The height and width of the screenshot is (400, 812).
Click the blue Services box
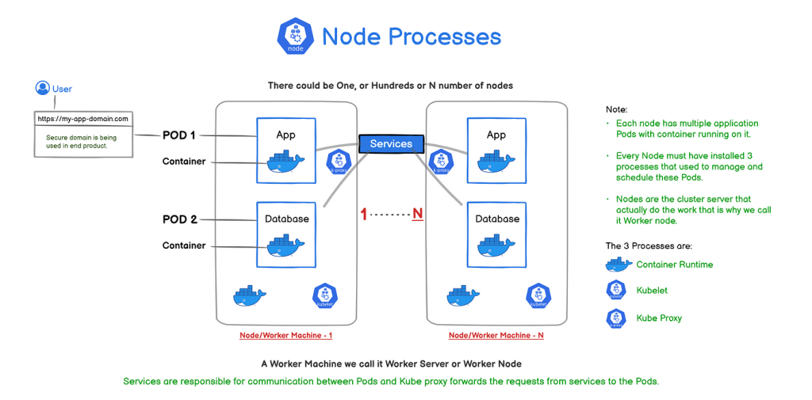pyautogui.click(x=391, y=143)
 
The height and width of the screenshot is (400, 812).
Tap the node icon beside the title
pyautogui.click(x=296, y=36)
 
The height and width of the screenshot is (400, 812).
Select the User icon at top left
pyautogui.click(x=43, y=88)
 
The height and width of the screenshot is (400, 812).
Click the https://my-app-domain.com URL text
pyautogui.click(x=82, y=119)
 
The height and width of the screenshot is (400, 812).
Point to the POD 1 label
pyautogui.click(x=178, y=135)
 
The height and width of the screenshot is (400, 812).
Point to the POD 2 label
pyautogui.click(x=178, y=219)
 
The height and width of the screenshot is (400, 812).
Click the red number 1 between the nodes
pyautogui.click(x=364, y=214)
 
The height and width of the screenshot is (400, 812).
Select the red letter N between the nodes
pyautogui.click(x=417, y=214)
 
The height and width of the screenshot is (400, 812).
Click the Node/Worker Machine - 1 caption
pyautogui.click(x=285, y=335)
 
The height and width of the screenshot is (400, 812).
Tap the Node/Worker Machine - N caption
pyautogui.click(x=496, y=335)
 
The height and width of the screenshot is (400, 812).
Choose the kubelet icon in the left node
pyautogui.click(x=325, y=295)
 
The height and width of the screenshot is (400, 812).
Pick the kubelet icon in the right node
pyautogui.click(x=538, y=295)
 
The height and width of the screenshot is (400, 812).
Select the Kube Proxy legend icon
pyautogui.click(x=615, y=318)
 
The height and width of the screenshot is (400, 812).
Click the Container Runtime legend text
pyautogui.click(x=674, y=265)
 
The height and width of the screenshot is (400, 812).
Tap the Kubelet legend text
pyautogui.click(x=652, y=291)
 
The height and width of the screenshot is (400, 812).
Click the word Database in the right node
pyautogui.click(x=497, y=219)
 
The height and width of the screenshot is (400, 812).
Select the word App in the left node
pyautogui.click(x=285, y=135)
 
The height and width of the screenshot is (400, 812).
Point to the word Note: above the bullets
pyautogui.click(x=616, y=109)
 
